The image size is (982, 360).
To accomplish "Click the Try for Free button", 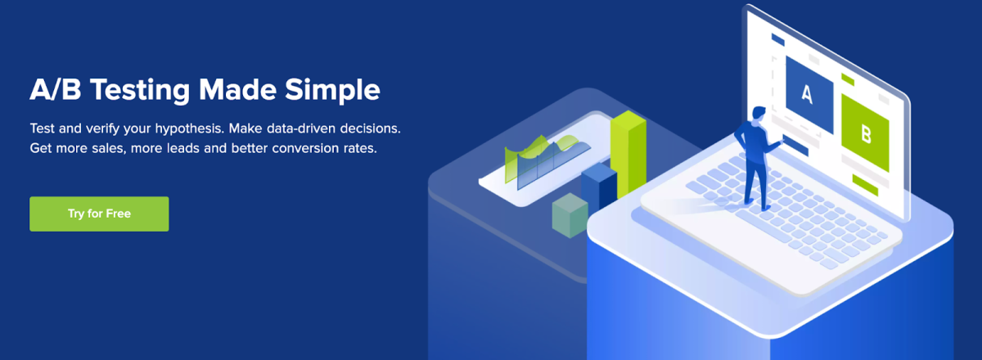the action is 99,214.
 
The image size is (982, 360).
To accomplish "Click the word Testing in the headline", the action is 140,91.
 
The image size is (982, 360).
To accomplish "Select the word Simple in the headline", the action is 332,91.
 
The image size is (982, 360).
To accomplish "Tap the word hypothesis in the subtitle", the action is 190,129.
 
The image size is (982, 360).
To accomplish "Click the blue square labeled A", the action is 809,95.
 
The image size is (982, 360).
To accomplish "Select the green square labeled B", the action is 865,133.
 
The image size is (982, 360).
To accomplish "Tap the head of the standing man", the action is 759,114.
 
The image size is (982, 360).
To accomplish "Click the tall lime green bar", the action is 628,154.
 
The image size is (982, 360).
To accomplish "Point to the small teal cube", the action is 570,215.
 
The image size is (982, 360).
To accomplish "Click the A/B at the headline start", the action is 56,89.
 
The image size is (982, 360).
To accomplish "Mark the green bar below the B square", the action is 865,185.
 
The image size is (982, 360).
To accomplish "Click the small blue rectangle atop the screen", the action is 777,39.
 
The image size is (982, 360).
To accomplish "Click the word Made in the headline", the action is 237,89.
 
